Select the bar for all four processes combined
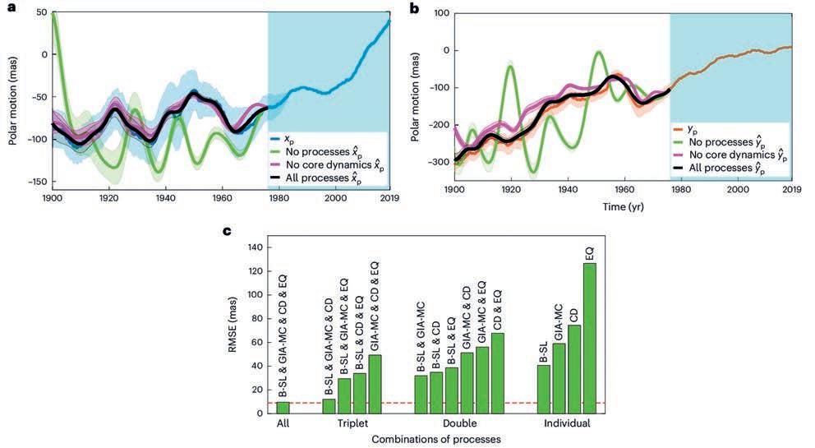point(283,407)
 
